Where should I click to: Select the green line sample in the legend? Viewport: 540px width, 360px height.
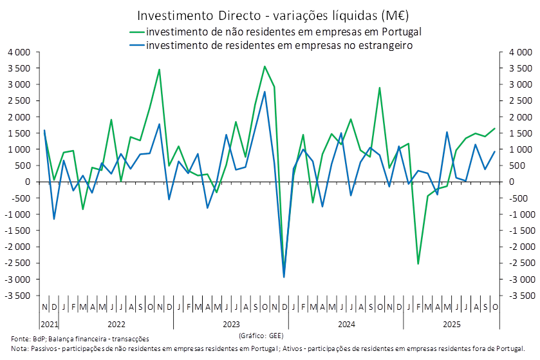click(137, 31)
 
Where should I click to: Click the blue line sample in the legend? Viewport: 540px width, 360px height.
click(137, 46)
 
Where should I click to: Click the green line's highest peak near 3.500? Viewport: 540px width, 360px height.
click(264, 66)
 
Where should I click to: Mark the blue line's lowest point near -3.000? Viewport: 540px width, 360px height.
click(284, 277)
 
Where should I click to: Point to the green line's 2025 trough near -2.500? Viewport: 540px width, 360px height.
click(418, 263)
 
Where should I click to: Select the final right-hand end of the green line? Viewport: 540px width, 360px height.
click(496, 128)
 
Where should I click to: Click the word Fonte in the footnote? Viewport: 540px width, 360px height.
click(19, 338)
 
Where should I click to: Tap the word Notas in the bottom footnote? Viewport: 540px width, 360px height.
click(19, 348)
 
